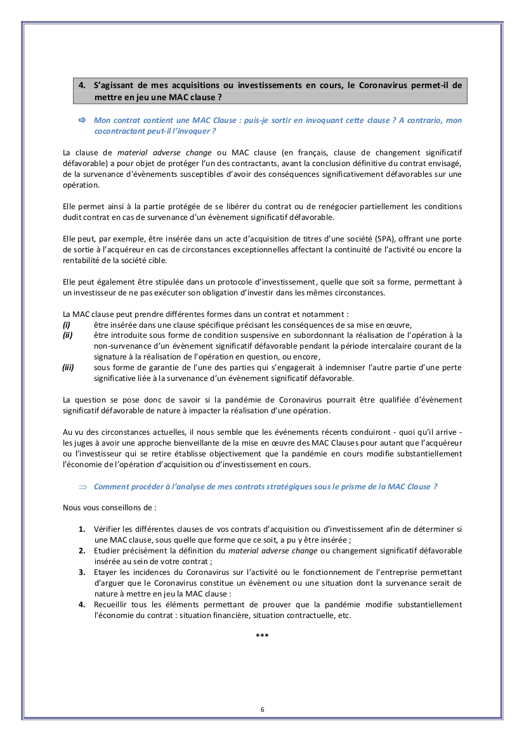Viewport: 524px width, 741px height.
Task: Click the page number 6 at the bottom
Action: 262,709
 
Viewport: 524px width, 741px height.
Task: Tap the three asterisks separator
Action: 262,635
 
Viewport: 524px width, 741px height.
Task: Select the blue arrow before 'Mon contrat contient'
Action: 81,120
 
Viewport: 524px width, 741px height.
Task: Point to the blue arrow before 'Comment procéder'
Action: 82,487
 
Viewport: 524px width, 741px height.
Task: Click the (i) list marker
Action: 67,325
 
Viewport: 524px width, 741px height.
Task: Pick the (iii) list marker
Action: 69,366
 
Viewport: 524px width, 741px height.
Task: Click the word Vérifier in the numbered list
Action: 108,529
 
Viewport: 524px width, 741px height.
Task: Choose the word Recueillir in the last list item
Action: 112,605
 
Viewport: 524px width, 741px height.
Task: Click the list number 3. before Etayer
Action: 82,572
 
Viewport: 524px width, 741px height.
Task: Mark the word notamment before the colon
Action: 324,314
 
